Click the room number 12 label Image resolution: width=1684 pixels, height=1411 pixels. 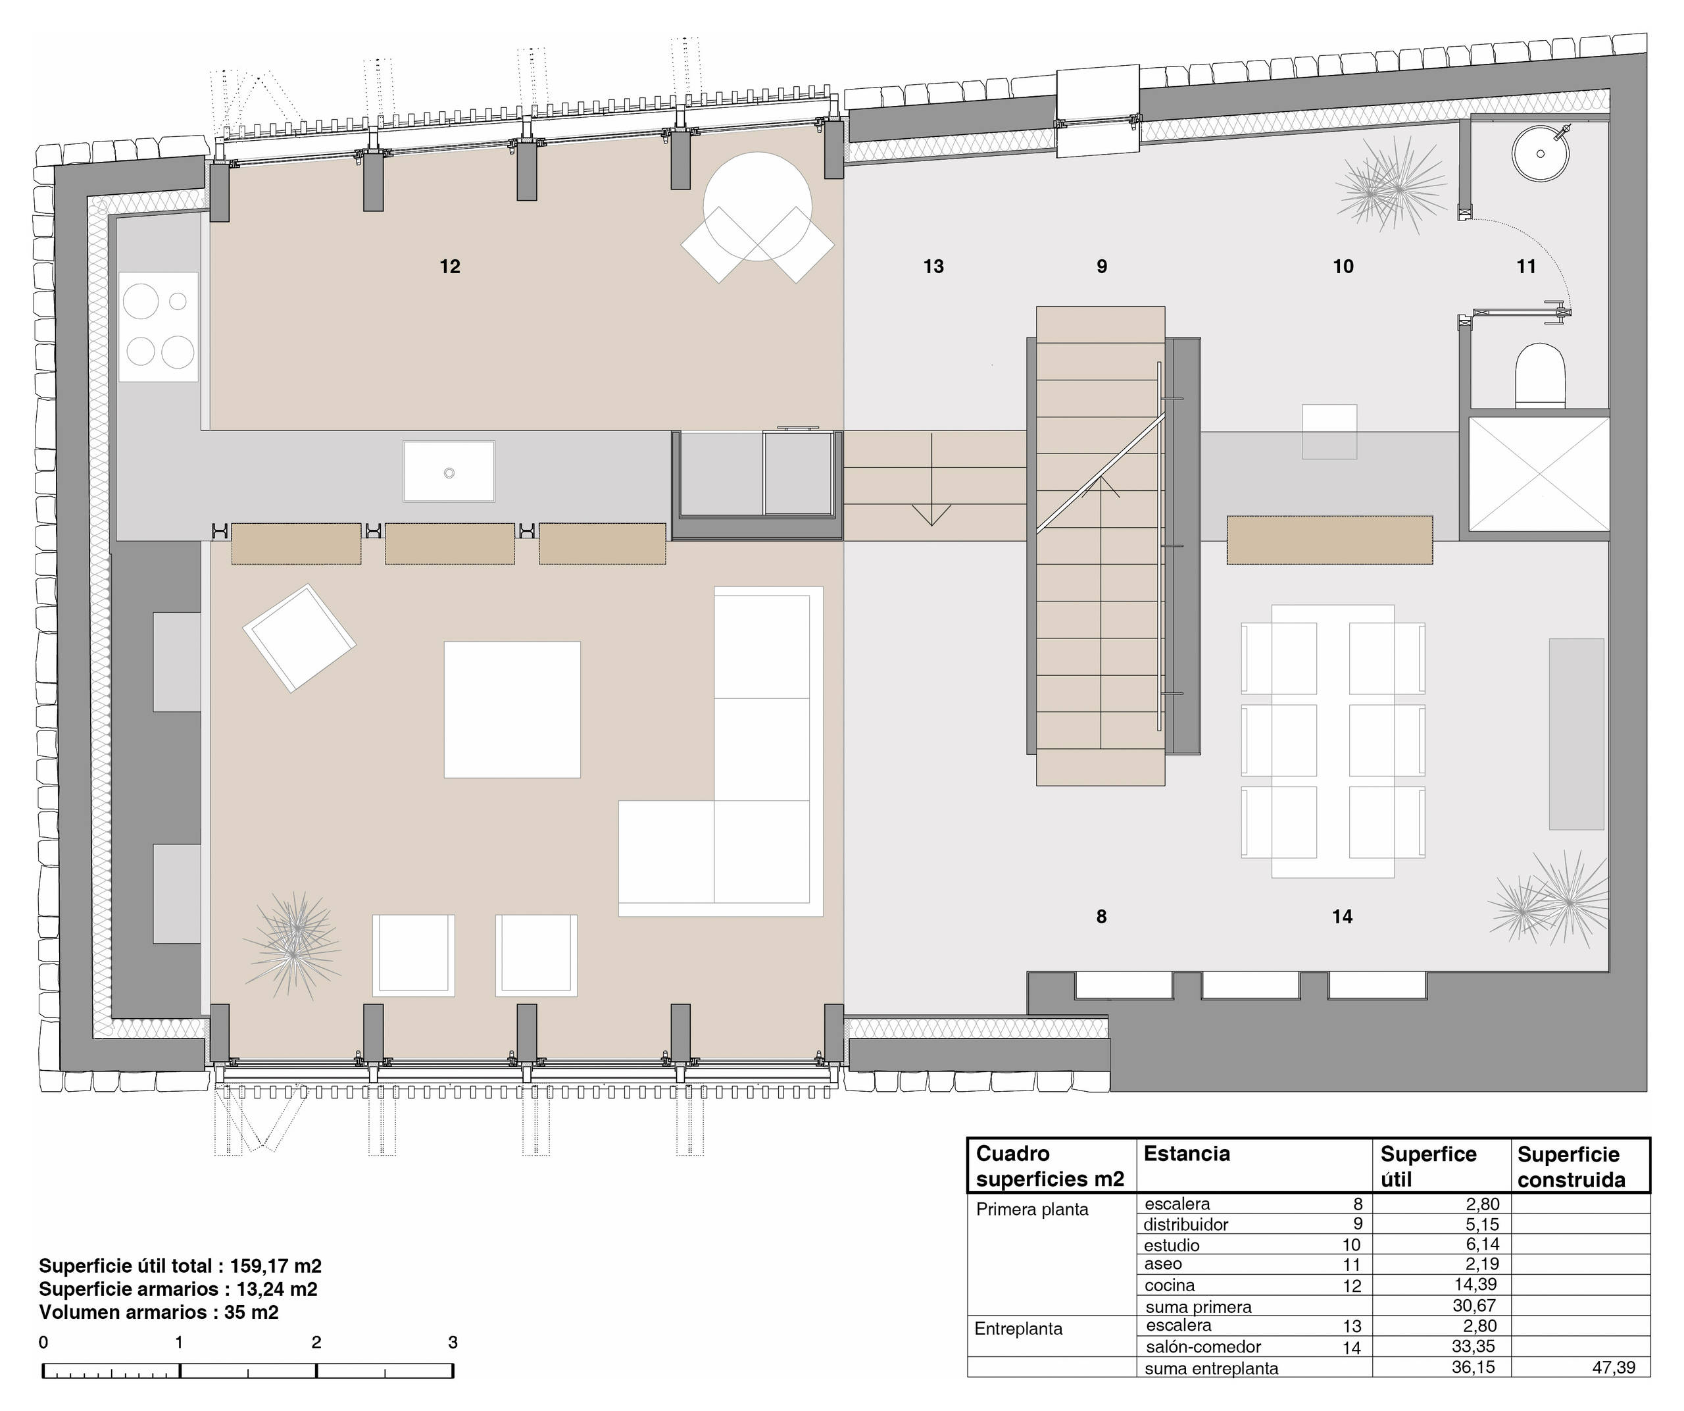pyautogui.click(x=450, y=267)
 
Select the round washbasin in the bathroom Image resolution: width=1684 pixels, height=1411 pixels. pyautogui.click(x=1541, y=153)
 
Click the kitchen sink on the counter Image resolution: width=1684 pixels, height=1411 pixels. pyautogui.click(x=449, y=472)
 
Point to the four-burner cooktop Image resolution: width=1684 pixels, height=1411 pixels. pyautogui.click(x=159, y=326)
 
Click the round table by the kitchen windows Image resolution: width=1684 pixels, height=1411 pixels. pyautogui.click(x=758, y=206)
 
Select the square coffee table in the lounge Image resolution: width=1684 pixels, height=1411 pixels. pyautogui.click(x=512, y=709)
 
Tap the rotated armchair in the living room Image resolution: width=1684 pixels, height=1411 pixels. pyautogui.click(x=299, y=638)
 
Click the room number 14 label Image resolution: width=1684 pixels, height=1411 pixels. pyautogui.click(x=1343, y=916)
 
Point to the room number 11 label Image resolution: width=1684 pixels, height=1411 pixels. pyautogui.click(x=1526, y=267)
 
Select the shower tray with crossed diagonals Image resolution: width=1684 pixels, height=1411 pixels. pyautogui.click(x=1539, y=474)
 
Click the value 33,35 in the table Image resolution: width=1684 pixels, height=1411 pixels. pyautogui.click(x=1474, y=1346)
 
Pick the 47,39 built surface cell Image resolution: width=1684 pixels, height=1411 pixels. pyautogui.click(x=1614, y=1367)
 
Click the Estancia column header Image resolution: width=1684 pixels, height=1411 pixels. pyautogui.click(x=1186, y=1154)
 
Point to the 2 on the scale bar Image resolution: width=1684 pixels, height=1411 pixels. pyautogui.click(x=317, y=1343)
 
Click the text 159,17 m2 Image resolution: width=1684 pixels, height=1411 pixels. pyautogui.click(x=276, y=1266)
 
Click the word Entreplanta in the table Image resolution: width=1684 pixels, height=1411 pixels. pyautogui.click(x=1018, y=1328)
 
